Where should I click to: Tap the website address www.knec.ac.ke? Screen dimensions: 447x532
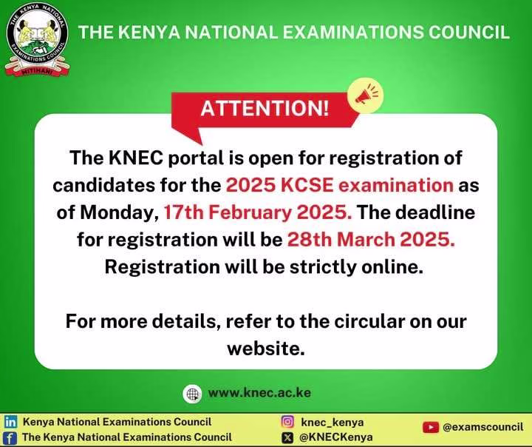coord(259,392)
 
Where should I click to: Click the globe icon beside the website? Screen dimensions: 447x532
coord(192,393)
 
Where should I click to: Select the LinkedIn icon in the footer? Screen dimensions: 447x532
coord(11,422)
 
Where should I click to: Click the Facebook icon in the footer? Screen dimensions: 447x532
coord(11,437)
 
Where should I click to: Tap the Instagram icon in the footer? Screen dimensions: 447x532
coord(288,422)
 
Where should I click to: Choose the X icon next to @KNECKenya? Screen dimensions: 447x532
coord(288,437)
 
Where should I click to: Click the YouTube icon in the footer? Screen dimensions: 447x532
coord(430,427)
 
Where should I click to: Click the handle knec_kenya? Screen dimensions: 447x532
coord(332,422)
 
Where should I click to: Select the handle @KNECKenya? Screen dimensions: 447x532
coord(335,437)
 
